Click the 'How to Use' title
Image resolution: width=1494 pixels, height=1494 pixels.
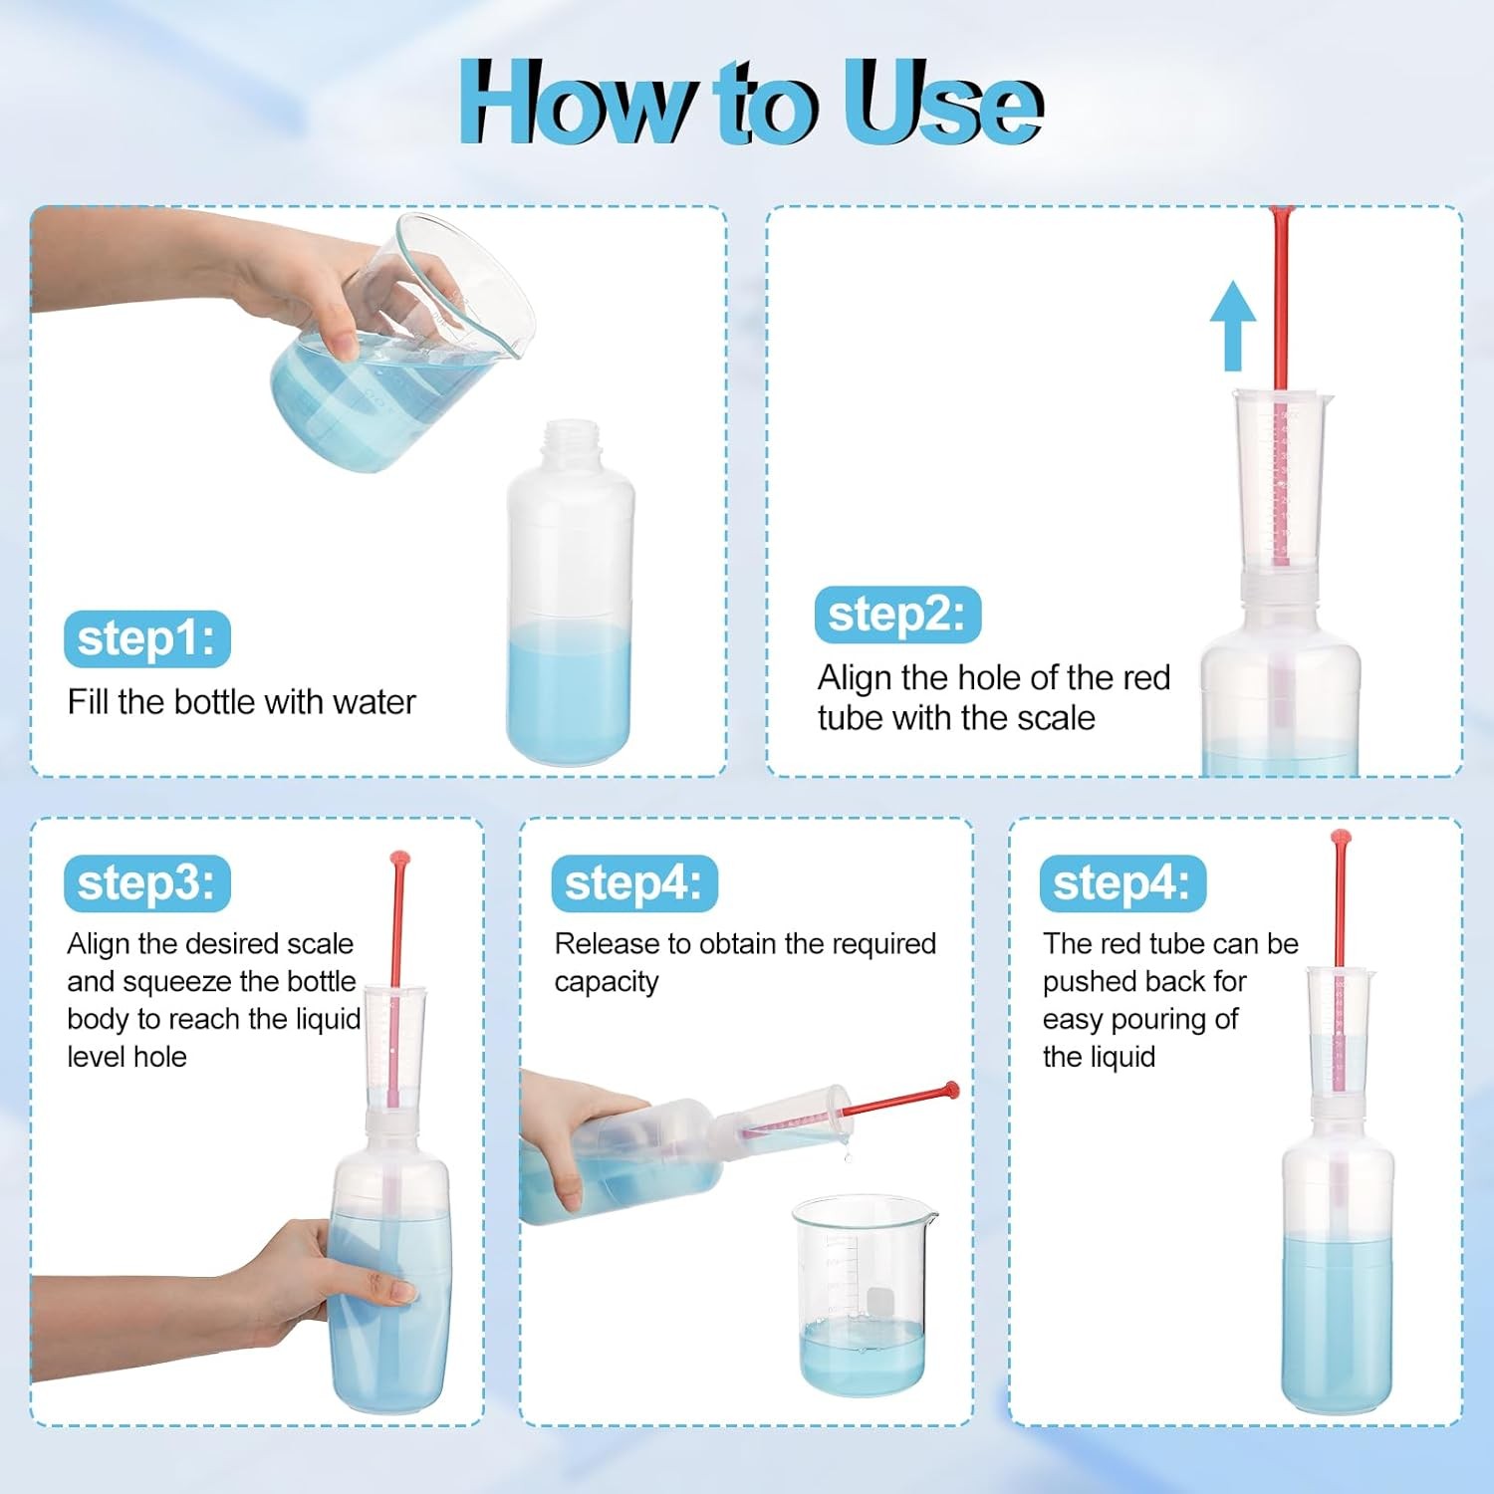click(750, 102)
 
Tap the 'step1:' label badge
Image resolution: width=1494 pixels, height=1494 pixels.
click(146, 638)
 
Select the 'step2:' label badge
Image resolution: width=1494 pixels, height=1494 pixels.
click(897, 615)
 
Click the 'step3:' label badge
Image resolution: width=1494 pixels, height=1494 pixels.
click(146, 883)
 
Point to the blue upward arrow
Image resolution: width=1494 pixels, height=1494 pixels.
click(1233, 325)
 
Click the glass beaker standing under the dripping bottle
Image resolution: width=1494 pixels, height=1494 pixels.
click(864, 1295)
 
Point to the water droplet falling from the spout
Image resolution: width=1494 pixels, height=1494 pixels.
click(847, 1155)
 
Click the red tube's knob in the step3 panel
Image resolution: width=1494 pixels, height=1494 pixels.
click(399, 859)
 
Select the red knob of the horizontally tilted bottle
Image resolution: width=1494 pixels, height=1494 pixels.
click(952, 1090)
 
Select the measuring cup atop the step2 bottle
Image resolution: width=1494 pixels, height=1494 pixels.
click(1280, 483)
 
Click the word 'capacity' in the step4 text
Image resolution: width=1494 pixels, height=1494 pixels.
click(607, 983)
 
